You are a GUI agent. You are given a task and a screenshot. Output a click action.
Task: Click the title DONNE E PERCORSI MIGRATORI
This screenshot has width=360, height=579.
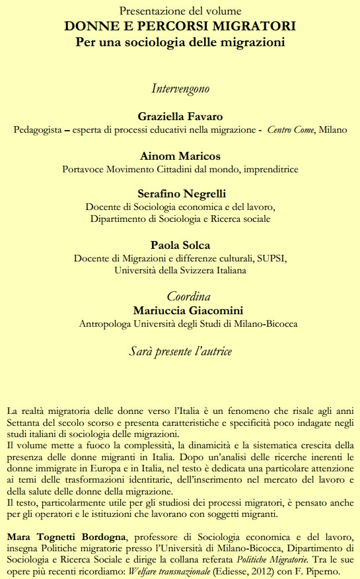coord(180,26)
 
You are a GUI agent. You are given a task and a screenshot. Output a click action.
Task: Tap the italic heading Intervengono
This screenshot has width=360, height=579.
coord(180,88)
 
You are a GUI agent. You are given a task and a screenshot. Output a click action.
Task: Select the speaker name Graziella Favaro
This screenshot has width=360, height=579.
coord(180,116)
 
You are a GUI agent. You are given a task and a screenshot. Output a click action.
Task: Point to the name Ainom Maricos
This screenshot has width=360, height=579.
coord(180,156)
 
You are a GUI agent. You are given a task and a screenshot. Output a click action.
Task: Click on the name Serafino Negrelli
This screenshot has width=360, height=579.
coord(180,194)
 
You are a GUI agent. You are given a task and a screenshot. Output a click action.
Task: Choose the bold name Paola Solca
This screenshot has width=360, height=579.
coord(180,244)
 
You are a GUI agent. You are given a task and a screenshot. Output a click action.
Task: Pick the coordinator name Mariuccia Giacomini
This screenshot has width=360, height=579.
coord(188,310)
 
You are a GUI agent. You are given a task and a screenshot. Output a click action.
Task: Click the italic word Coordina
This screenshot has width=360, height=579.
coord(188,296)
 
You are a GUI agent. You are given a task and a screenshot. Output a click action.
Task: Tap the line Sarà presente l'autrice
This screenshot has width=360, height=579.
coord(180,351)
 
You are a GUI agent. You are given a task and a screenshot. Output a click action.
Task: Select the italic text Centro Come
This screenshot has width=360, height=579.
coord(291,129)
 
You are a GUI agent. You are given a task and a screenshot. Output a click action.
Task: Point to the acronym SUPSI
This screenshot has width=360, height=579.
coord(272,257)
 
